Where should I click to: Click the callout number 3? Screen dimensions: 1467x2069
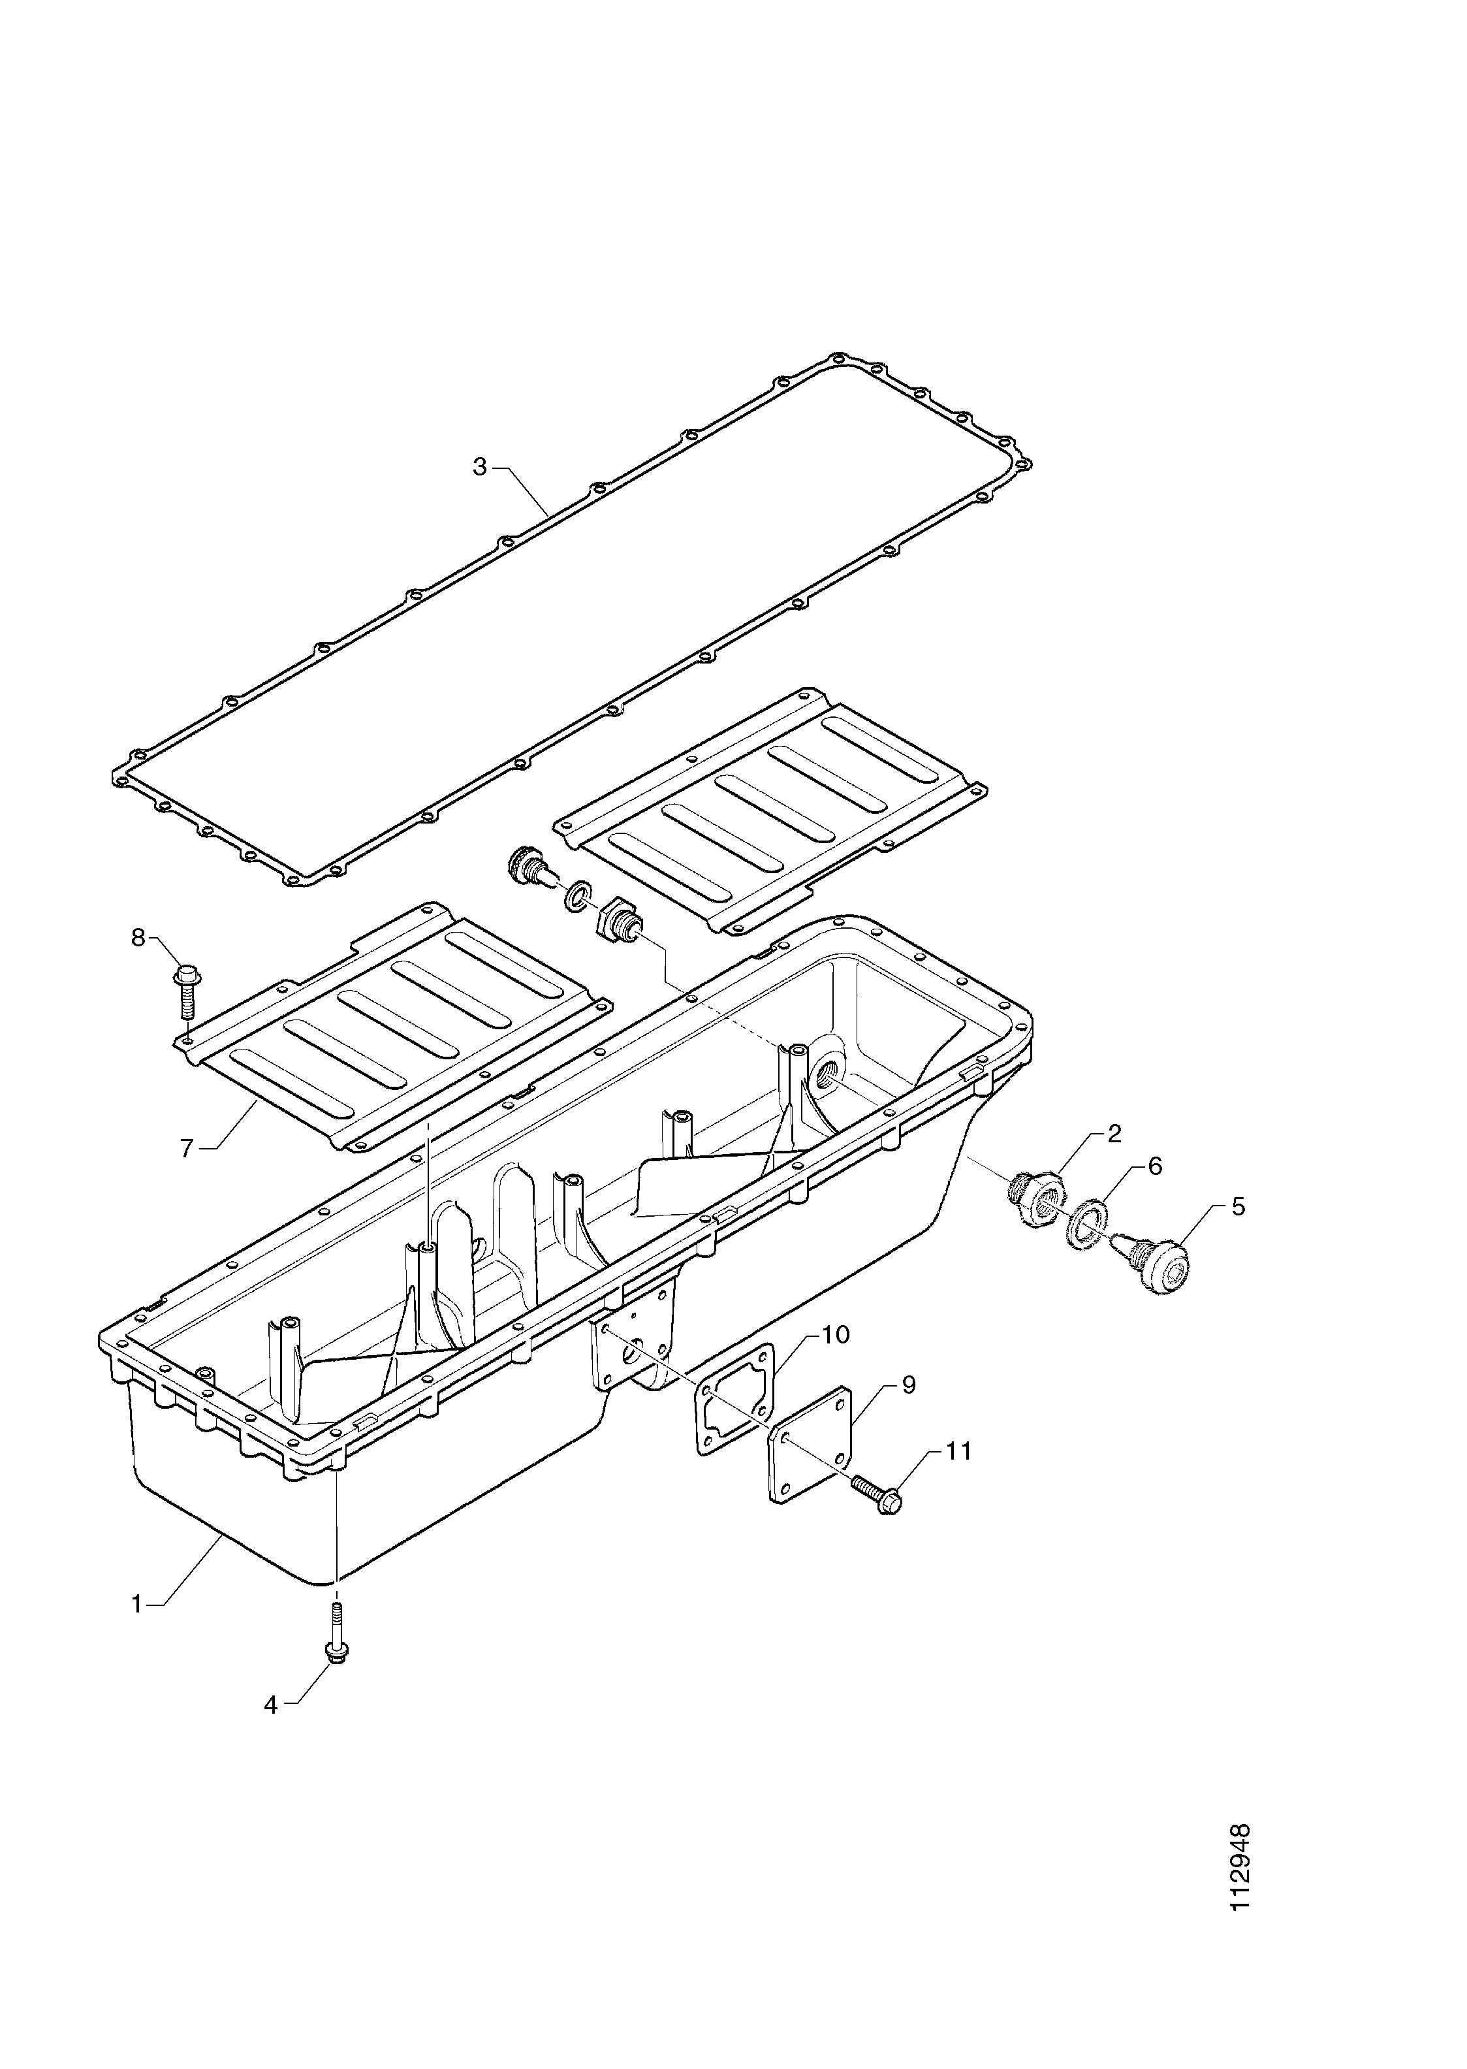tap(480, 467)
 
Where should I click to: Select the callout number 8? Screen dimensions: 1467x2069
tap(138, 938)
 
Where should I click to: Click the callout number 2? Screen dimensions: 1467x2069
tap(1114, 1134)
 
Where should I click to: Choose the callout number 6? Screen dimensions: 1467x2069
tap(1154, 1166)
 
